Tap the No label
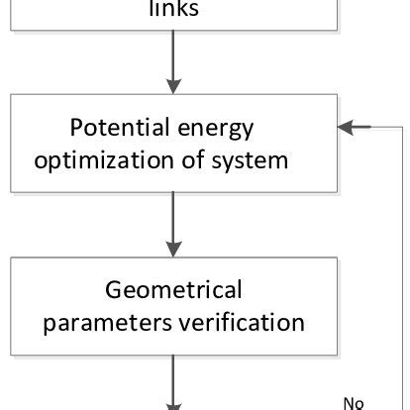355,401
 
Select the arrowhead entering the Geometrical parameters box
173,248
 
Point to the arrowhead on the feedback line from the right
346,127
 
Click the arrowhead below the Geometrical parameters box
173,404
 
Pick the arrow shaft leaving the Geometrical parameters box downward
173,376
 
